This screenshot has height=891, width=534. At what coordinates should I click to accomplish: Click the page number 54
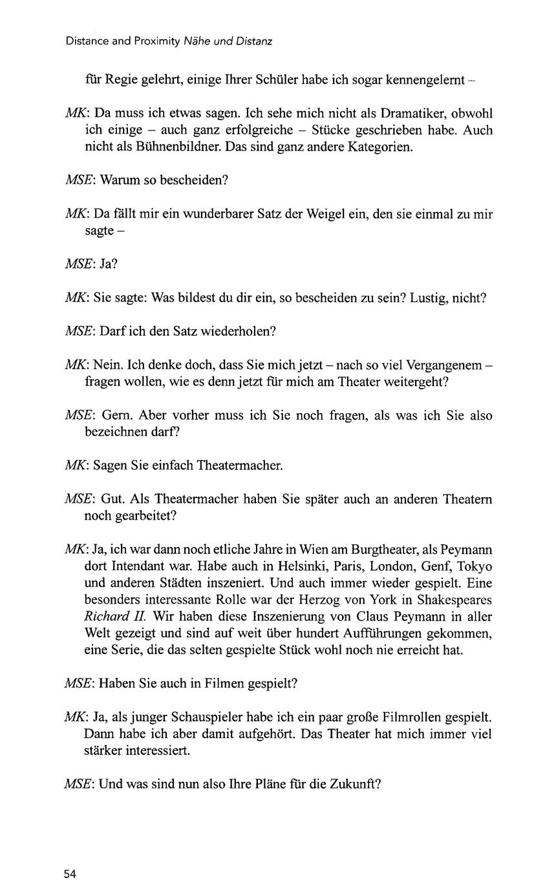coord(70,874)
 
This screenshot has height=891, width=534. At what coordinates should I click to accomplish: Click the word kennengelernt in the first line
coord(425,81)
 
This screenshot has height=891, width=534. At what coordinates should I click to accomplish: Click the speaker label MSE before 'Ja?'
coord(80,265)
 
